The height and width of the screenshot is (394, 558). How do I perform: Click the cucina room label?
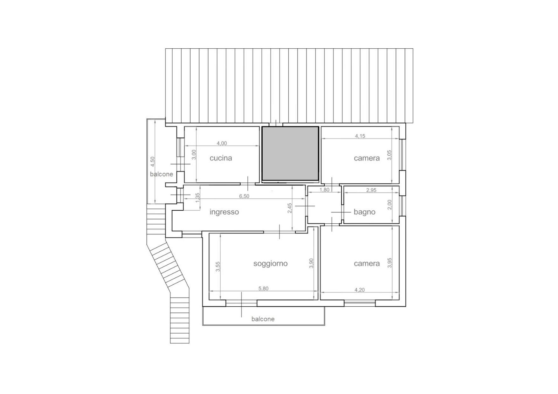point(221,158)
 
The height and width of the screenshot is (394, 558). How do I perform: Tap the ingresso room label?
point(224,212)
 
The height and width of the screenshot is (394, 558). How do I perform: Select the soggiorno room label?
point(271,263)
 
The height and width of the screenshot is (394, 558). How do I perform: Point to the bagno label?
point(364,212)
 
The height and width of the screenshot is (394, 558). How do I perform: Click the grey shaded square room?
point(290,154)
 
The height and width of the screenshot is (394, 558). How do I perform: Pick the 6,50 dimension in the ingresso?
point(244,196)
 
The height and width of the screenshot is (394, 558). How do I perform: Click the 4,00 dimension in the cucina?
point(222,143)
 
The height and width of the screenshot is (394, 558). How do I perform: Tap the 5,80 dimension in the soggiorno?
point(263,289)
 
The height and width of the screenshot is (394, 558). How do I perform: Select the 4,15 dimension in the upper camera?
point(360,136)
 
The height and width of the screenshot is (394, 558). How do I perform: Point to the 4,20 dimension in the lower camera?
point(359,290)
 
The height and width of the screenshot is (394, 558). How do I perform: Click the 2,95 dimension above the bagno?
point(371,190)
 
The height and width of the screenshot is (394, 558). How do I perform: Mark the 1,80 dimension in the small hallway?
point(324,190)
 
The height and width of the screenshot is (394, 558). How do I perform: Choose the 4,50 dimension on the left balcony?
point(153,161)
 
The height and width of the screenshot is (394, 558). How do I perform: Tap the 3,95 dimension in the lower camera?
point(390,263)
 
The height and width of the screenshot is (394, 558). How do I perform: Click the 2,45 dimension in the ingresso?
point(290,208)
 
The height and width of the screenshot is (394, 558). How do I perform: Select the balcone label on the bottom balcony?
point(263,319)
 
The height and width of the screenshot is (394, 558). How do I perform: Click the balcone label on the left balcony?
point(162,174)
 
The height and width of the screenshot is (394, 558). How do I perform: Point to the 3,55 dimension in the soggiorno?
point(218,267)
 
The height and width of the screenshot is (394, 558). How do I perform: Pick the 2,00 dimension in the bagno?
point(390,205)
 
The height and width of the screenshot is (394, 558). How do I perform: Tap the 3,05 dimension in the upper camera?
point(390,155)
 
